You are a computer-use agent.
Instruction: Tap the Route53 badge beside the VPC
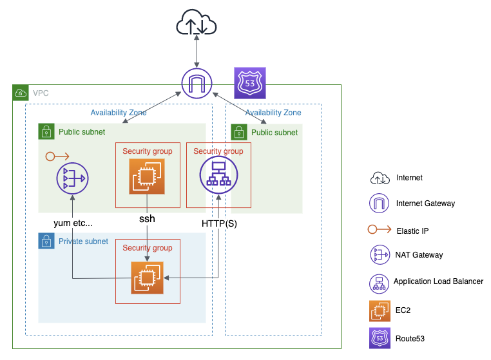click(250, 83)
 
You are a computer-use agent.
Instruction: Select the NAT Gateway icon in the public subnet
click(73, 178)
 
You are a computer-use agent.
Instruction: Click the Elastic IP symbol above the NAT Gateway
click(58, 156)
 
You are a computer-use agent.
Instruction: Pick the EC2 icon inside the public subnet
click(147, 176)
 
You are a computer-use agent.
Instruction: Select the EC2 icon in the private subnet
click(147, 278)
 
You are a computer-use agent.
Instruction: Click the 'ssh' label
click(147, 219)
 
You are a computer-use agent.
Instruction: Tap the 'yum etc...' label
click(73, 223)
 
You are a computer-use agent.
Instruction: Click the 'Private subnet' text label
click(83, 242)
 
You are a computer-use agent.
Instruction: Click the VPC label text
click(41, 93)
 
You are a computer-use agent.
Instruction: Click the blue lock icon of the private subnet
click(46, 242)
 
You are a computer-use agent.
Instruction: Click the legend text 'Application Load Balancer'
click(438, 281)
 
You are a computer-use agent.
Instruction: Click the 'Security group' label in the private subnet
click(147, 248)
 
